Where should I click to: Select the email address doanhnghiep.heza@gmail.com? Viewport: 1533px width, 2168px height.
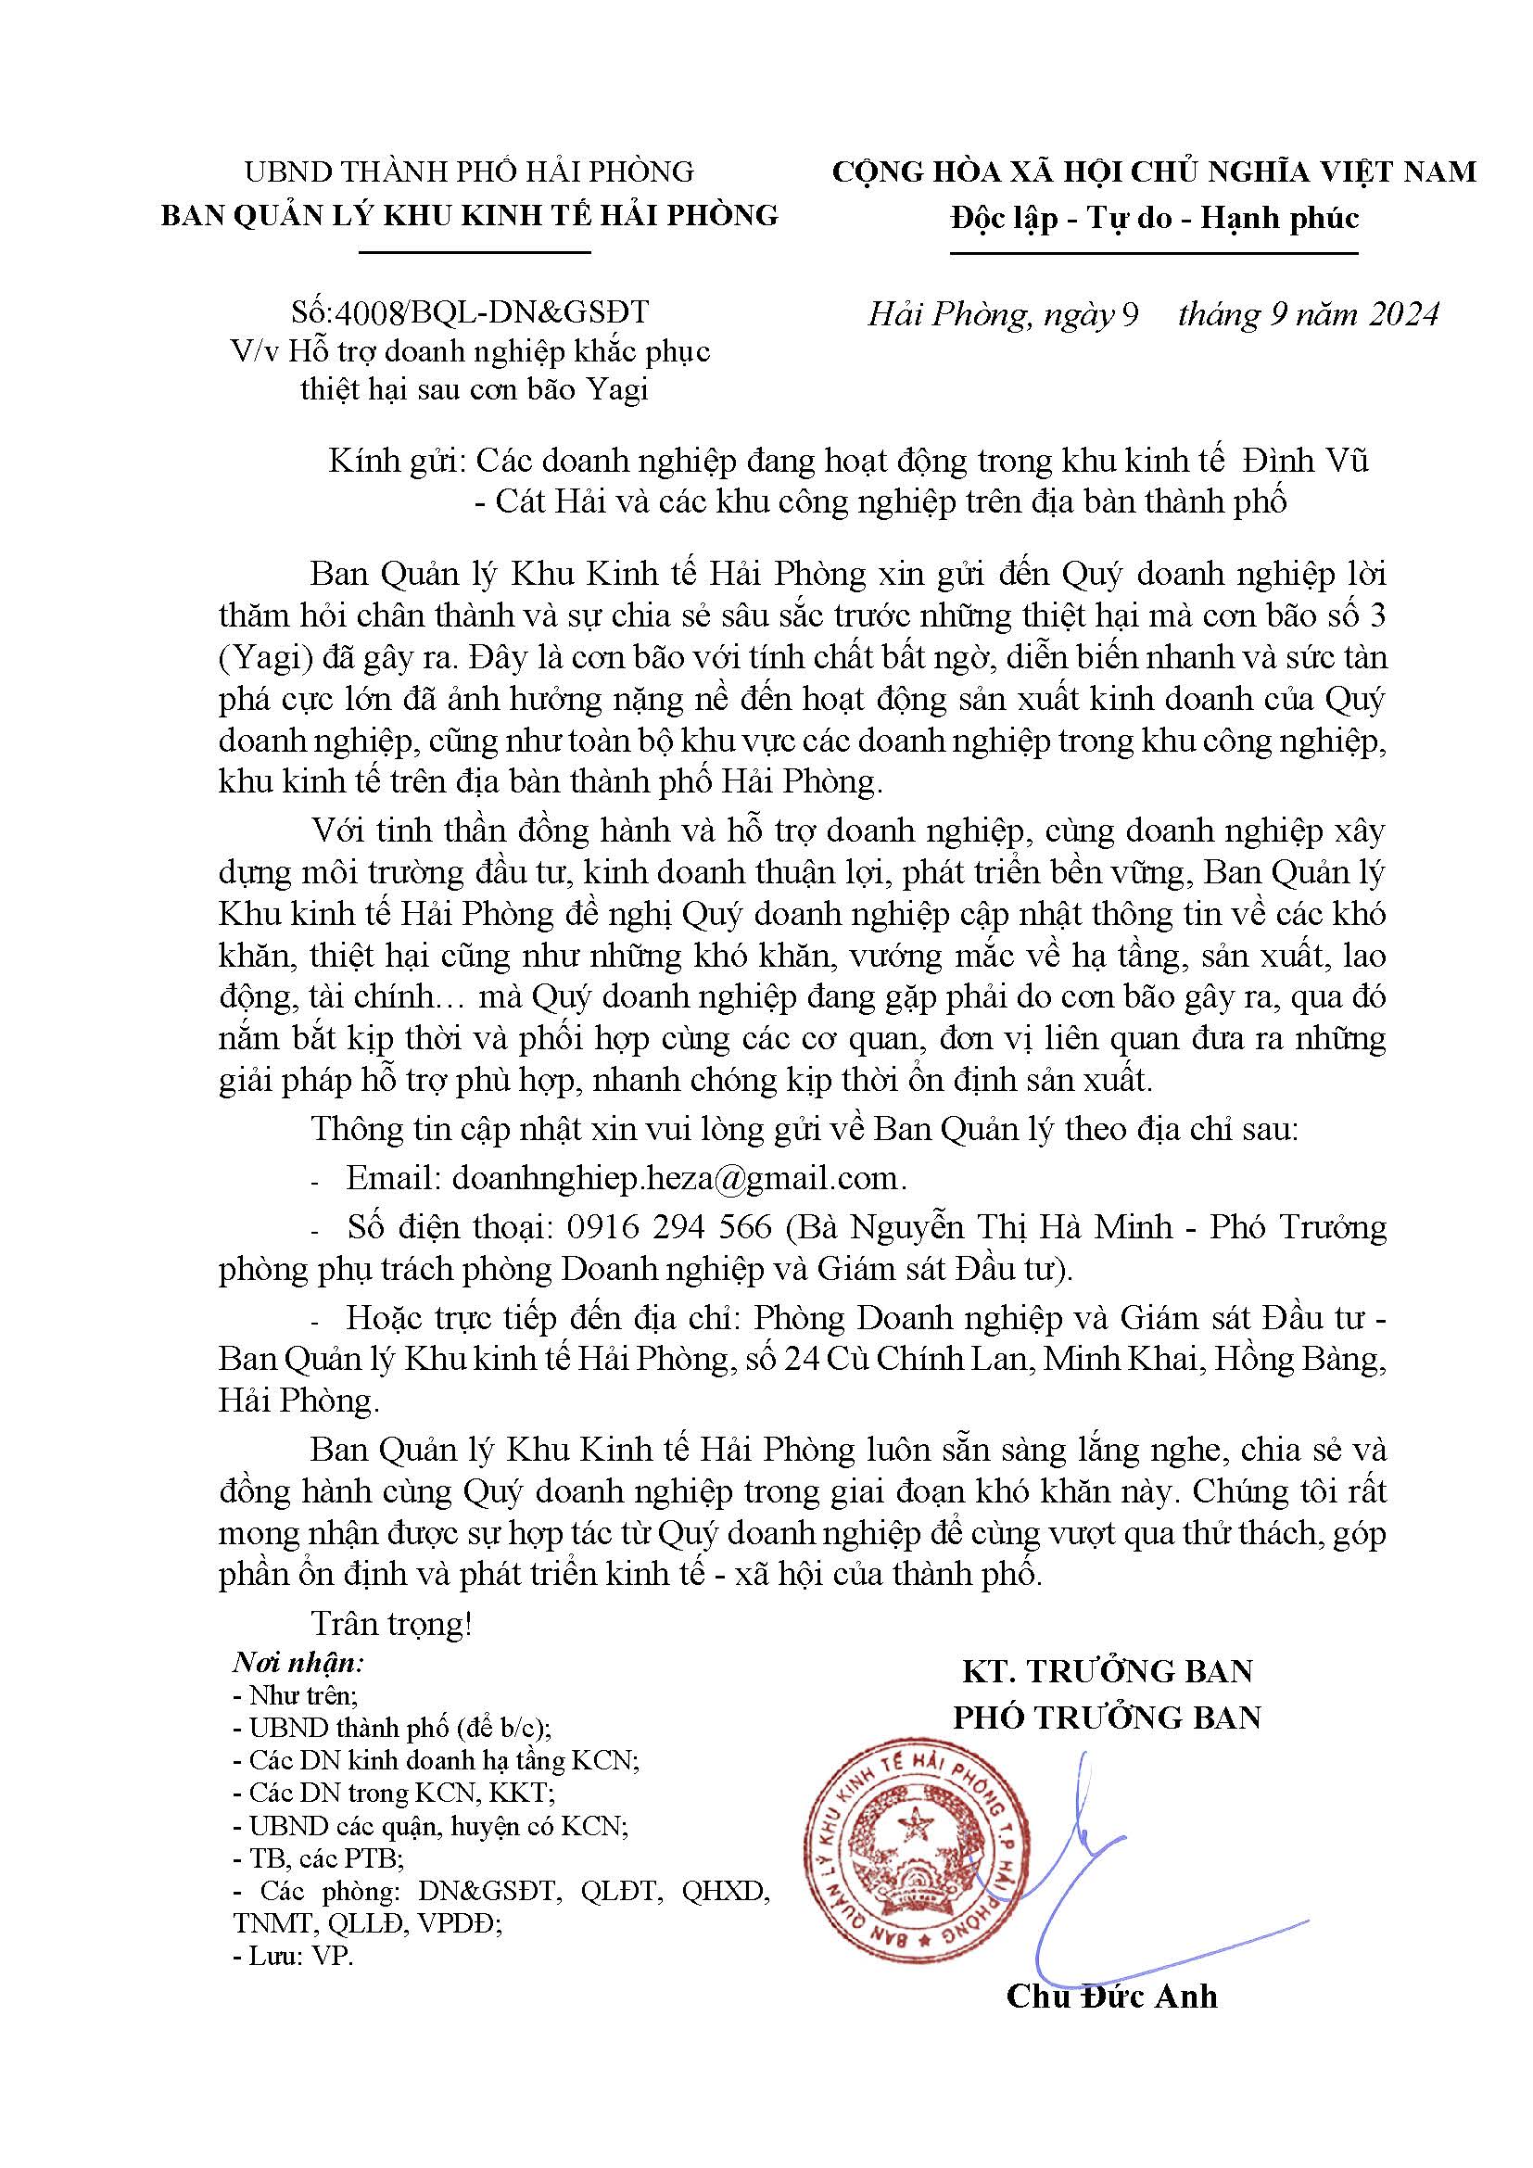coord(674,1177)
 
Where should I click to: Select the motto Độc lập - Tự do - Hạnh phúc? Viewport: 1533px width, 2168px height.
coord(1154,218)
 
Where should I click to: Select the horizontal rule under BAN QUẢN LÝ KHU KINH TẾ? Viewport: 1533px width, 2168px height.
coord(475,252)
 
